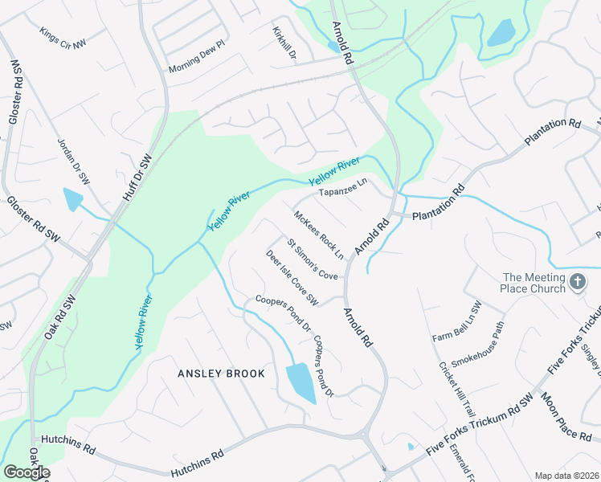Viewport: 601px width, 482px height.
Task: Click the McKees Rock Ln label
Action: [319, 235]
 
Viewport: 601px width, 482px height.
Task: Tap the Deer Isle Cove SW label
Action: [292, 277]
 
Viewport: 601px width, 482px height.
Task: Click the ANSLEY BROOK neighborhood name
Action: [221, 374]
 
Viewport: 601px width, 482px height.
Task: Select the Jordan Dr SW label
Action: [72, 160]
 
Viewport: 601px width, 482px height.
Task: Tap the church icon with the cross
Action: [578, 281]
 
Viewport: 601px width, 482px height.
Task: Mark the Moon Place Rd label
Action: [566, 416]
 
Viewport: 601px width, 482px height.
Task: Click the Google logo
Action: [27, 472]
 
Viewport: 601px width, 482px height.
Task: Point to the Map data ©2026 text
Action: [566, 476]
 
